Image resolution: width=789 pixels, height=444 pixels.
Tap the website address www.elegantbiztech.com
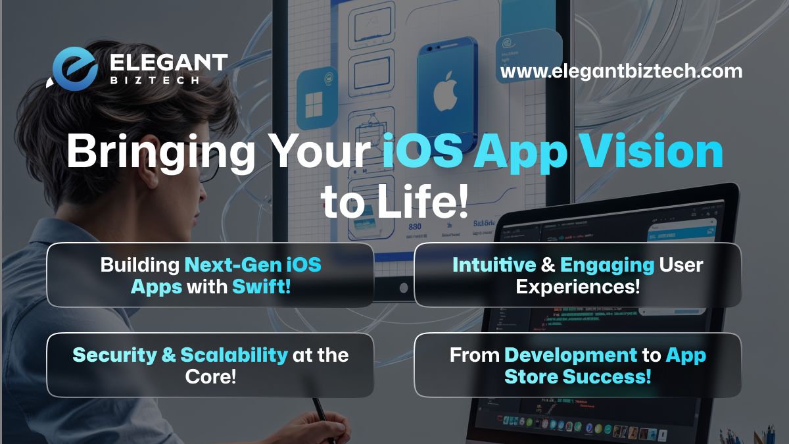tap(621, 71)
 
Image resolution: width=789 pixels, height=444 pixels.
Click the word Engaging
tap(608, 265)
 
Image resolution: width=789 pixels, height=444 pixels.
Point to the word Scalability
tap(234, 355)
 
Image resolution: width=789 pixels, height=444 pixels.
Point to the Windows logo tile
tap(318, 98)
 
